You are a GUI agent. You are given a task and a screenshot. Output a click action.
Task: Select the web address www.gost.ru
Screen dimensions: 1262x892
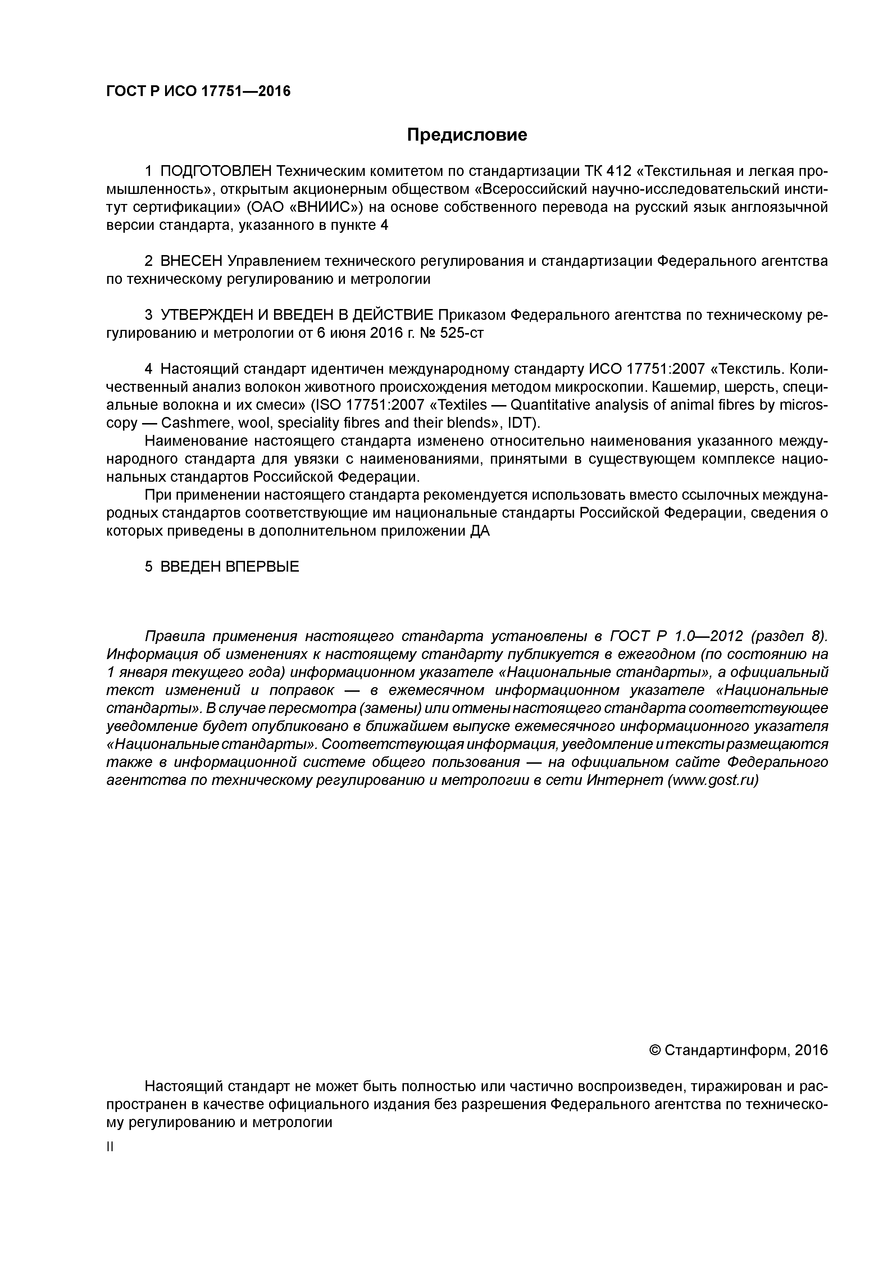712,781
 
